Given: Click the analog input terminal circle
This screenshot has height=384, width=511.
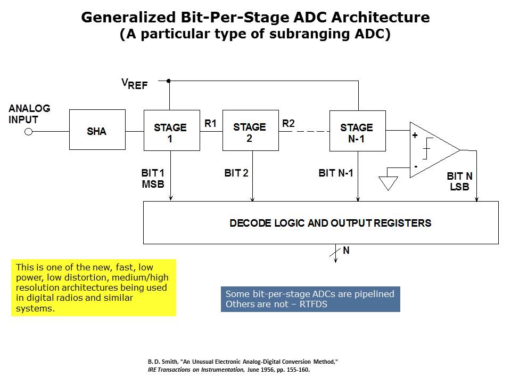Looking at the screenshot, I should (x=29, y=132).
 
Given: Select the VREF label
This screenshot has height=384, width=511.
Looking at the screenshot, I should (x=134, y=84).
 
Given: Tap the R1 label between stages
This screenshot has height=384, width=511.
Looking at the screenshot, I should (x=211, y=123).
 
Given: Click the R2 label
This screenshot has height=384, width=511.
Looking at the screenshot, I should (x=289, y=123).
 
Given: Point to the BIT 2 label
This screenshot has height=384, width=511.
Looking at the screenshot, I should (x=236, y=173).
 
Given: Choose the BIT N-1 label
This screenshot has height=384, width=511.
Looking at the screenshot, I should (x=336, y=173).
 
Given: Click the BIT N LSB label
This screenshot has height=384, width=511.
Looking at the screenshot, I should (x=459, y=181).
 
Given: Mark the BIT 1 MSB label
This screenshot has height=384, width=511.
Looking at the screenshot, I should (x=153, y=179).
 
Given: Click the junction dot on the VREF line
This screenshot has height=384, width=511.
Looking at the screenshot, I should (x=169, y=81).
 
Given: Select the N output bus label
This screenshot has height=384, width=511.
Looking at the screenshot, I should (x=346, y=250).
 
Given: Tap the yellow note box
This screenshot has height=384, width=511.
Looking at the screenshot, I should (x=94, y=288).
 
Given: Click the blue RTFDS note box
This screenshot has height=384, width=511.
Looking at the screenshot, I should (x=310, y=299).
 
